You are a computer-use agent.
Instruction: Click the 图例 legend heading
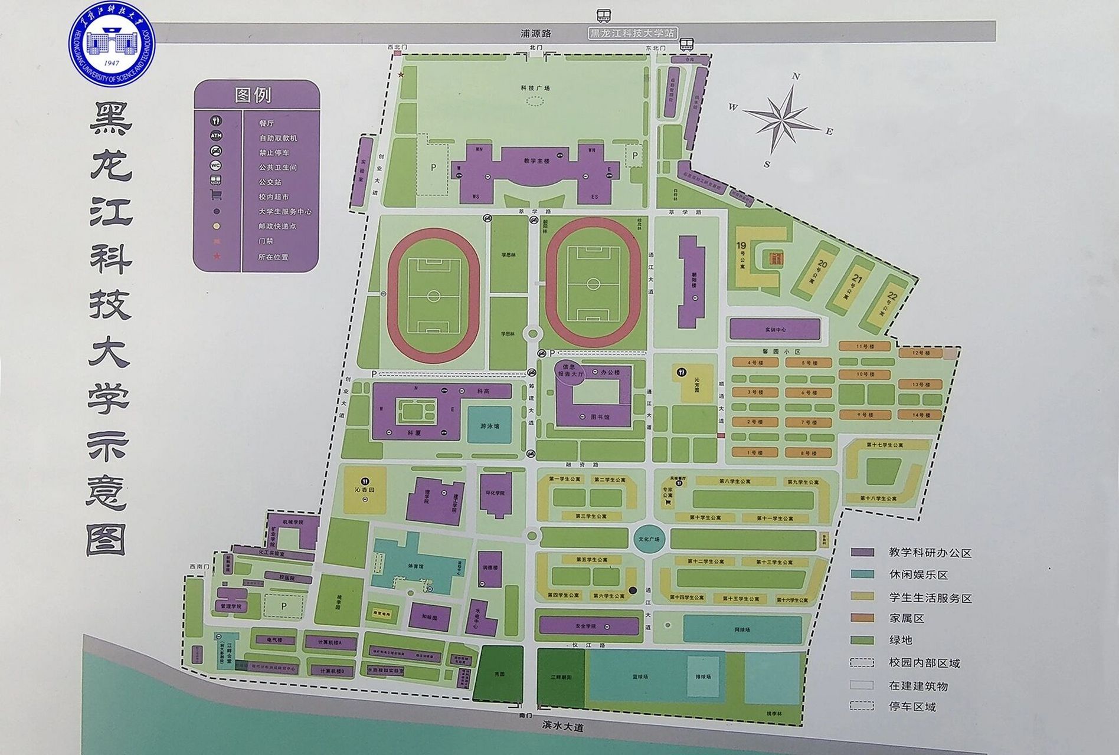(x=253, y=95)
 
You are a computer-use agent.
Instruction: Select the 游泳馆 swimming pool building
(x=489, y=425)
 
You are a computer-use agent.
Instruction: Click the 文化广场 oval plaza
(x=649, y=539)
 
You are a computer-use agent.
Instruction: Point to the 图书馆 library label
(x=600, y=416)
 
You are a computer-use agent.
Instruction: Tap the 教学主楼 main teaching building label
(x=536, y=160)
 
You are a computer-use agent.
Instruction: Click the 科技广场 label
(x=535, y=88)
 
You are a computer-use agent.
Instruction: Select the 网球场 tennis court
(x=742, y=629)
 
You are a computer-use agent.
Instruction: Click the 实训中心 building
(x=775, y=329)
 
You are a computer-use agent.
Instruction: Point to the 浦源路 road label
(x=535, y=34)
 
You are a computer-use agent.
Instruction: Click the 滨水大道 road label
(x=562, y=727)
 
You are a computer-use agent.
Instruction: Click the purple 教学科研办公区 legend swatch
(x=862, y=553)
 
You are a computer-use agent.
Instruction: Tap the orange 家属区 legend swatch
(x=862, y=618)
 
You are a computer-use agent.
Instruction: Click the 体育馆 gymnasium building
(x=415, y=565)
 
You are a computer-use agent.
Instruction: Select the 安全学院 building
(x=588, y=626)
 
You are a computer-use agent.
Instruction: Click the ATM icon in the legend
(x=216, y=136)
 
